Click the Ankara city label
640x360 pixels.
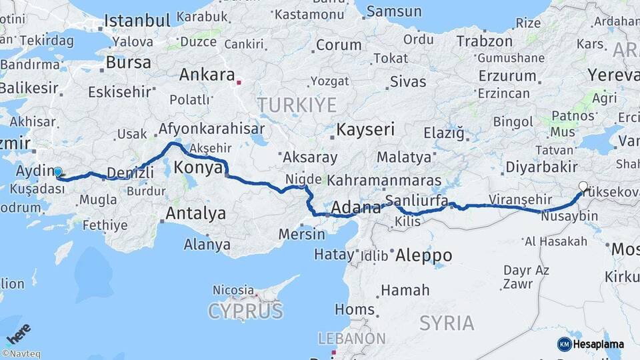[x=207, y=75]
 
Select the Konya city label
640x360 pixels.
[x=197, y=168]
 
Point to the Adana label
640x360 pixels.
[x=355, y=207]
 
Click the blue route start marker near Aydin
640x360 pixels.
[x=58, y=172]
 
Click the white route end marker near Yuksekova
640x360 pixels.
[x=583, y=187]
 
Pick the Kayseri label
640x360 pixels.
[x=365, y=129]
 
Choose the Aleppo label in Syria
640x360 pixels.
[x=423, y=255]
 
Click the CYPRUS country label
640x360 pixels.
[x=245, y=311]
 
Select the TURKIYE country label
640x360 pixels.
[x=297, y=104]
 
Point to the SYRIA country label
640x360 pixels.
[x=447, y=323]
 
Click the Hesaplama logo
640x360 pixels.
[x=590, y=344]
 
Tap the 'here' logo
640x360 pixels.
[x=18, y=333]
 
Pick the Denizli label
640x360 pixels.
[x=129, y=173]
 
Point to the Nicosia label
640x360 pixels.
[x=233, y=290]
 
